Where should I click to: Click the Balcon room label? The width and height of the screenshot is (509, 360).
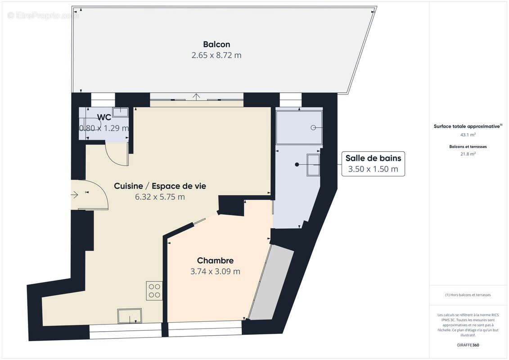216,44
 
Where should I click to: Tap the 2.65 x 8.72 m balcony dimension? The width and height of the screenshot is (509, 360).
216,55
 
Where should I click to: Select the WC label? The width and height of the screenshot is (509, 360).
104,117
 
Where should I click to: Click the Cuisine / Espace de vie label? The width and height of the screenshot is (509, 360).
160,186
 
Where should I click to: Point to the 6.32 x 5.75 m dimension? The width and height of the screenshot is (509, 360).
160,197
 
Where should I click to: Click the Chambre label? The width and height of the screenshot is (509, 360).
215,261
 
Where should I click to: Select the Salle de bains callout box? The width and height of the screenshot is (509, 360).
373,163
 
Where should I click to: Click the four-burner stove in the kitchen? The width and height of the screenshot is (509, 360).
154,291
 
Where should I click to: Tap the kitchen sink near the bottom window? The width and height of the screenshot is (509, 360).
130,315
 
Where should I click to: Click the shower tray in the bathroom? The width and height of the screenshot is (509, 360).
299,127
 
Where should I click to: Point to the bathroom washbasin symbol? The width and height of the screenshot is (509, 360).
313,165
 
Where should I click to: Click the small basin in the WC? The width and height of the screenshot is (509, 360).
120,112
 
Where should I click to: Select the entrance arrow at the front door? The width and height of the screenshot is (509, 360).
75,195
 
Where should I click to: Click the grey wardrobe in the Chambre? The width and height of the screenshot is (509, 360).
272,283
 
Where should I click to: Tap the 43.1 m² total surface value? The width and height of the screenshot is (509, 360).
468,135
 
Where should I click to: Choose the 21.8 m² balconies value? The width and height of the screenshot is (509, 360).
468,153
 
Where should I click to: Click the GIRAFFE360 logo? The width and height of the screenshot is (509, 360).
468,345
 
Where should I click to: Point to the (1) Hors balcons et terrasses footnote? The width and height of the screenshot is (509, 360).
468,295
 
